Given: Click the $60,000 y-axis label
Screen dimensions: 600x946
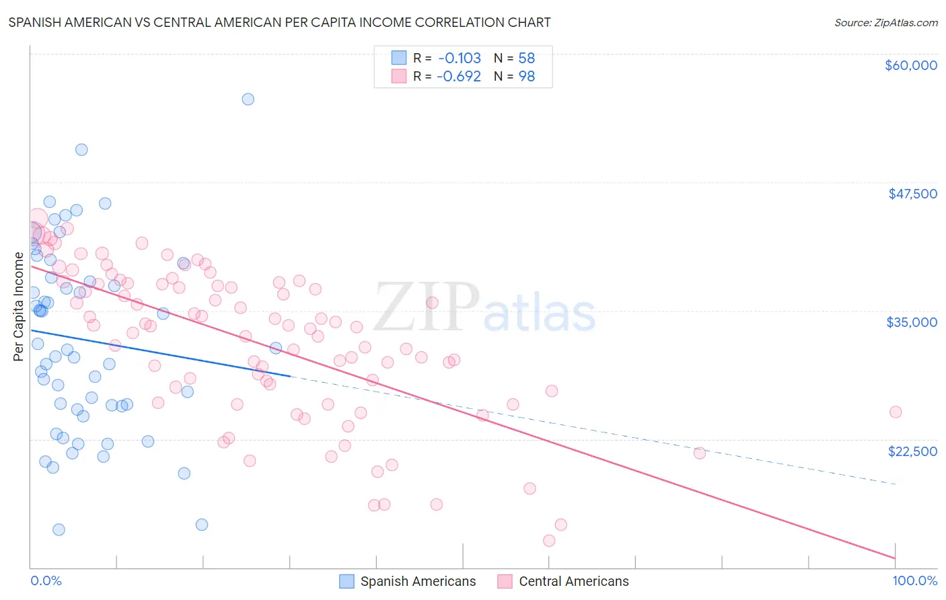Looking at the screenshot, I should point(910,65).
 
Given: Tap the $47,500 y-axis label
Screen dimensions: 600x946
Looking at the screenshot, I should point(912,194).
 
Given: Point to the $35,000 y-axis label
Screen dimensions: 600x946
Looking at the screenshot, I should point(912,322).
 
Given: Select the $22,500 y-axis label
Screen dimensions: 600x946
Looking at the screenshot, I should point(912,451).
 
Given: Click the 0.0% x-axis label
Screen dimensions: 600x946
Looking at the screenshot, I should point(46,580).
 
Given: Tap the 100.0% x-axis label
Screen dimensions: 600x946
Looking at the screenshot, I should point(914,580).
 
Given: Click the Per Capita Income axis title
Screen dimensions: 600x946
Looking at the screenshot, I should point(19,306).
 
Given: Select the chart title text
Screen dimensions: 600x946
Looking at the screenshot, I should point(279,22).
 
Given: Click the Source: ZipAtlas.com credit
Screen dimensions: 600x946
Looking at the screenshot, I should point(885,22).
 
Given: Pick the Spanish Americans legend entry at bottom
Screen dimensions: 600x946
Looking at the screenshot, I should point(417,581).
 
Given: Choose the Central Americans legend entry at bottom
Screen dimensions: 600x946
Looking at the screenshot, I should point(573,581).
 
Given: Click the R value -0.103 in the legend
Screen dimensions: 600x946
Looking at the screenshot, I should point(459,58).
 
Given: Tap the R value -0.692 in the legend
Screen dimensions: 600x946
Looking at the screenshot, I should point(459,76).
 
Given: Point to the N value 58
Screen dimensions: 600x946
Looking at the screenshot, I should point(526,58).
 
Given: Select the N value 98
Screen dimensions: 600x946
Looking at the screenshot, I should point(526,76).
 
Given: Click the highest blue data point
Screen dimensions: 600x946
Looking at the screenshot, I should point(248,99).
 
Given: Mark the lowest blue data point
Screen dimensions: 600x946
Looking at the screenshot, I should point(59,529).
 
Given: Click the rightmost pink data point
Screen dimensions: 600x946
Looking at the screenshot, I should point(895,412).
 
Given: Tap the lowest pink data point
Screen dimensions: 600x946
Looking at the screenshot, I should point(549,541).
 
